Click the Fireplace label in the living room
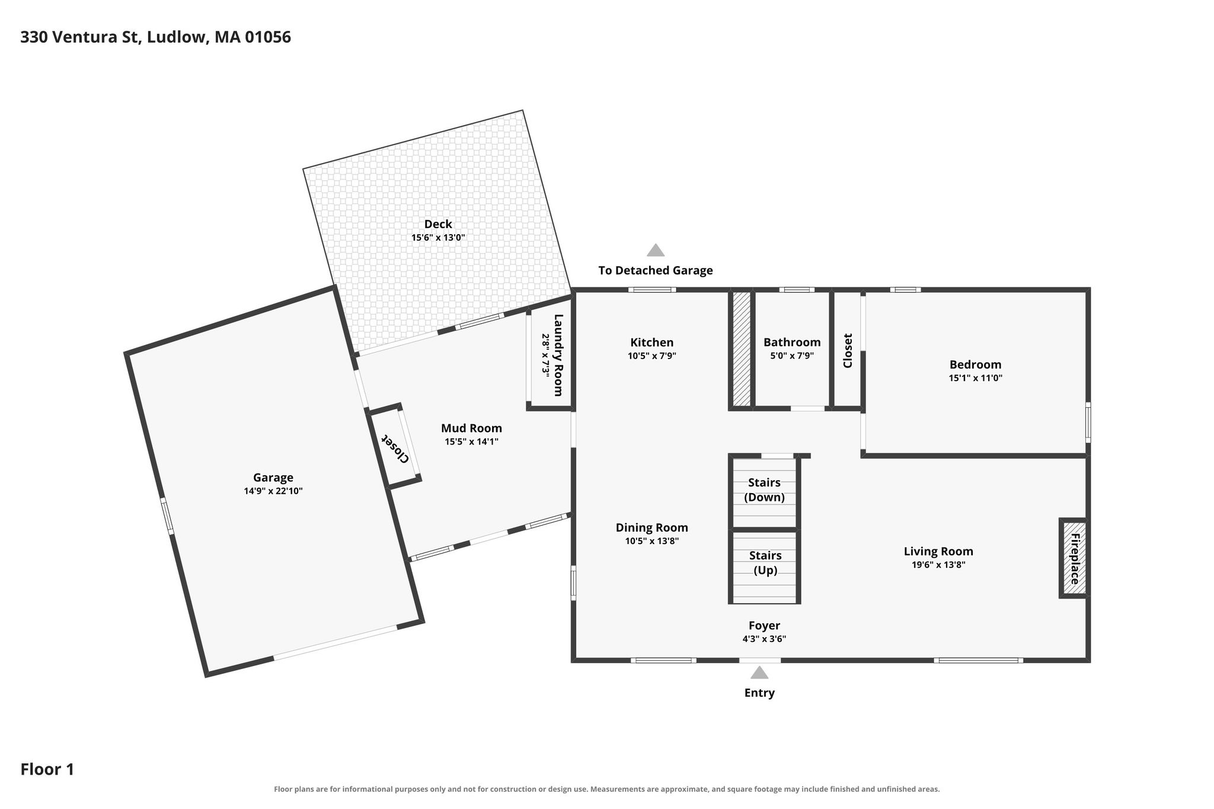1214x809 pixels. (1075, 559)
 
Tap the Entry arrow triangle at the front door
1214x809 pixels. (759, 672)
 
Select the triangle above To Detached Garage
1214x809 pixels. (656, 250)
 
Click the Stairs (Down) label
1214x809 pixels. (765, 490)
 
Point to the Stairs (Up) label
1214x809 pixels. (765, 563)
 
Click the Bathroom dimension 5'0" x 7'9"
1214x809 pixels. (792, 356)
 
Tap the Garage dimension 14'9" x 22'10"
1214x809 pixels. (273, 491)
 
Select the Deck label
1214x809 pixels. (438, 224)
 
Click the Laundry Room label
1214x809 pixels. (558, 355)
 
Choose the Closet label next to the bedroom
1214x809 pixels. (848, 350)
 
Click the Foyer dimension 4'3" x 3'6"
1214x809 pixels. (764, 639)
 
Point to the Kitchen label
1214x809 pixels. (652, 343)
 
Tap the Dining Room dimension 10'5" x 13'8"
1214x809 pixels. (652, 541)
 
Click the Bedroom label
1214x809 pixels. (975, 365)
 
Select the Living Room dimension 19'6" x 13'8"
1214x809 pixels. (938, 565)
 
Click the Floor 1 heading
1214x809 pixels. (47, 769)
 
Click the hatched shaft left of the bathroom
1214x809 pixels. (742, 349)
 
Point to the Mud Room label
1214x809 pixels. (471, 428)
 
